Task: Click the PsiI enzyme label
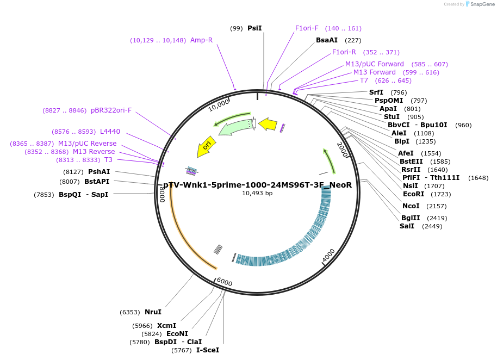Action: pyautogui.click(x=254, y=28)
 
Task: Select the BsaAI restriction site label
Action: pyautogui.click(x=327, y=40)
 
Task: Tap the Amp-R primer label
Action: pyautogui.click(x=201, y=40)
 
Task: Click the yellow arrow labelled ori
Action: pyautogui.click(x=207, y=146)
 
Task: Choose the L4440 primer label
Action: pyautogui.click(x=110, y=132)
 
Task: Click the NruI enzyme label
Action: pyautogui.click(x=153, y=312)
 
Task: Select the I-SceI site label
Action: pyautogui.click(x=208, y=350)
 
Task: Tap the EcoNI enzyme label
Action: pyautogui.click(x=177, y=334)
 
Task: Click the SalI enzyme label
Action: pyautogui.click(x=407, y=226)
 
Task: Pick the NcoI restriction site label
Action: pyautogui.click(x=411, y=206)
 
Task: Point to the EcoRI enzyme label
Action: pyautogui.click(x=413, y=194)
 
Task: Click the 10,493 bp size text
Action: pyautogui.click(x=257, y=194)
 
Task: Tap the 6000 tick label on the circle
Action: pyautogui.click(x=224, y=283)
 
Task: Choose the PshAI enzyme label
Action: pyautogui.click(x=99, y=172)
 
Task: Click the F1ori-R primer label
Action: pyautogui.click(x=344, y=52)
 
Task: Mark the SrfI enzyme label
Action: pyautogui.click(x=376, y=92)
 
